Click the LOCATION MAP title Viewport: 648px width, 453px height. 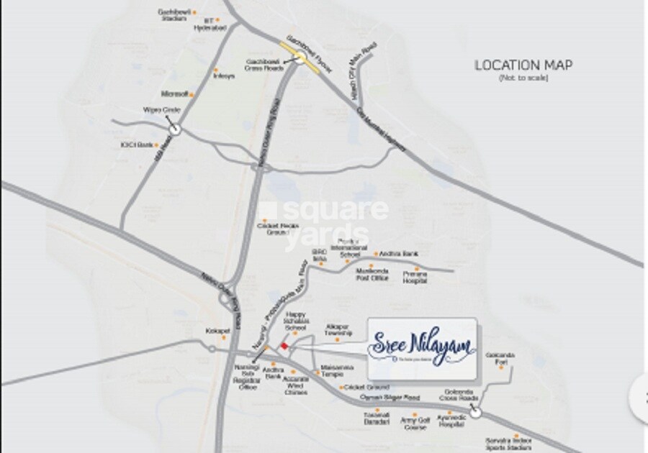pyautogui.click(x=523, y=65)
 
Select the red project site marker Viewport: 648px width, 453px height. pyautogui.click(x=284, y=347)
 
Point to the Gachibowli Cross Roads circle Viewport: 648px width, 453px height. pyautogui.click(x=298, y=60)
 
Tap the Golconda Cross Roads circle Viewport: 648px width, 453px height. pyautogui.click(x=478, y=413)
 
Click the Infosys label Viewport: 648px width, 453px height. pyautogui.click(x=223, y=76)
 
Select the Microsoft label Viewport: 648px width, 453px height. pyautogui.click(x=174, y=93)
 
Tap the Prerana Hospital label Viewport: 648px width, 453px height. pyautogui.click(x=415, y=278)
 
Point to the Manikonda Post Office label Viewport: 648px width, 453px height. pyautogui.click(x=372, y=274)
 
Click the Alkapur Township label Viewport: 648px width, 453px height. pyautogui.click(x=338, y=329)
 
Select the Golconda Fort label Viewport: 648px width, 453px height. pyautogui.click(x=502, y=362)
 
